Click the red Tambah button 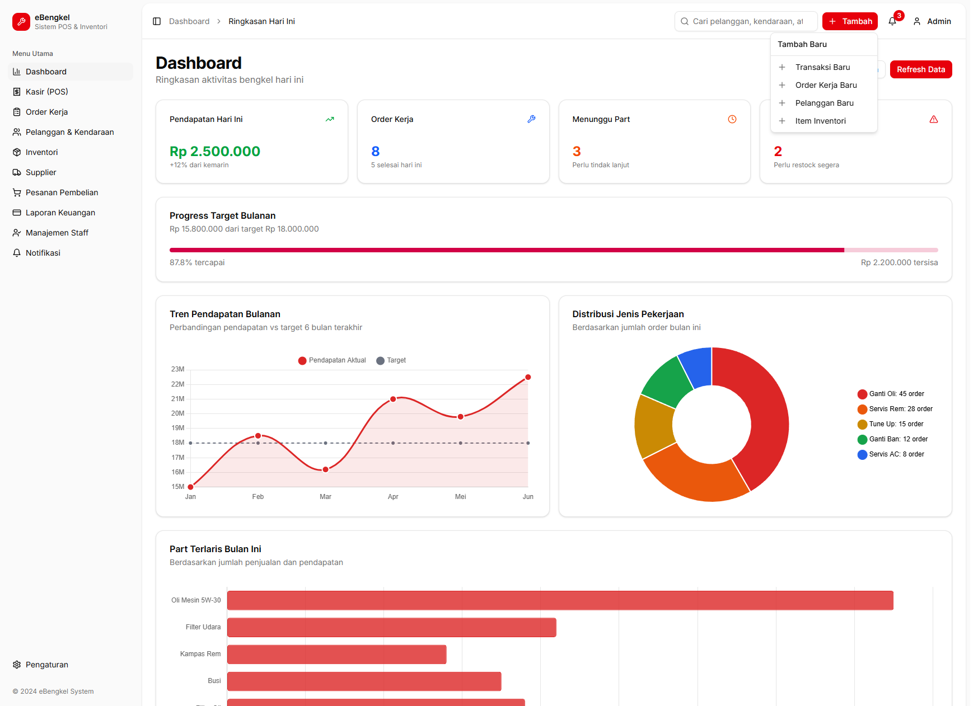click(x=849, y=21)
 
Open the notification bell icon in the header click(x=892, y=21)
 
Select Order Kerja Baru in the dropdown click(x=826, y=85)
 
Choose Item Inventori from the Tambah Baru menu click(x=820, y=121)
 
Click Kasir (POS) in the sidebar click(x=46, y=92)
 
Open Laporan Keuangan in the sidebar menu click(x=60, y=213)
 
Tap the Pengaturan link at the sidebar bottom click(x=46, y=665)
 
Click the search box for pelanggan click(x=747, y=21)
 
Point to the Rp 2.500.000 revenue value click(x=215, y=152)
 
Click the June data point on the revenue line click(x=528, y=377)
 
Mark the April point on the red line click(x=393, y=399)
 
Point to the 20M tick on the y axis click(x=177, y=413)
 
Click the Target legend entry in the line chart click(x=391, y=360)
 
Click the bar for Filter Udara click(x=391, y=627)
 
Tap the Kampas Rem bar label click(x=200, y=654)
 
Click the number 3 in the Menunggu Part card click(x=577, y=152)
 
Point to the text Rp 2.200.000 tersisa click(x=899, y=262)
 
